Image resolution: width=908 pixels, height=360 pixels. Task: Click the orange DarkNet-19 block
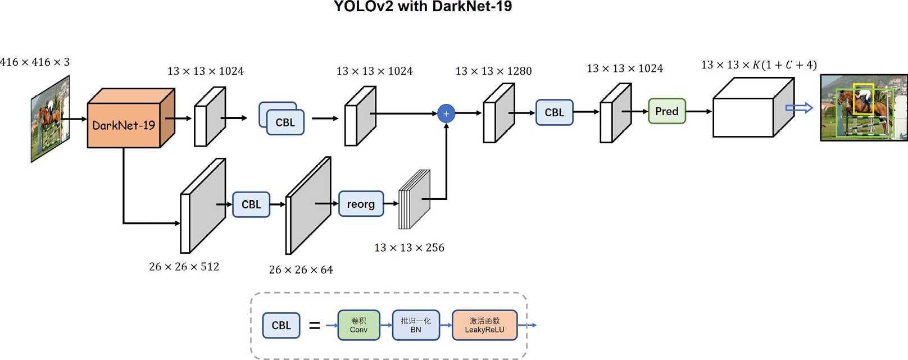point(124,125)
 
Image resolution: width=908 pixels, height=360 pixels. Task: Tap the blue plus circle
point(446,113)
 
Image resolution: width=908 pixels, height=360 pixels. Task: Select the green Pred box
point(666,111)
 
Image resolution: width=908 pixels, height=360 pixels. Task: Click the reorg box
point(361,204)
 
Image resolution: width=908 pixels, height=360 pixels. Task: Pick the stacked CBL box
point(284,122)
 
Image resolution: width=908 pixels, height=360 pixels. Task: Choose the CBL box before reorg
point(251,204)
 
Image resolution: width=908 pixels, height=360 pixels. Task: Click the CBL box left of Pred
point(554,112)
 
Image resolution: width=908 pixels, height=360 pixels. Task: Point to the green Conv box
point(358,325)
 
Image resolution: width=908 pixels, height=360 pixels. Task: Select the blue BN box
point(416,325)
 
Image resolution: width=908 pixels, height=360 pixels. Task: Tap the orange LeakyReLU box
point(484,325)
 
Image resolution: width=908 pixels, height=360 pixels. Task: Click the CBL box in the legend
point(281,325)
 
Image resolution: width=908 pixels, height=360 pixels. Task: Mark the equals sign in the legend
point(315,325)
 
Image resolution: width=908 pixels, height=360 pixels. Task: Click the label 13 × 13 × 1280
point(493,71)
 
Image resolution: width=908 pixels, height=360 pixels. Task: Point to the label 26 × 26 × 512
point(184,267)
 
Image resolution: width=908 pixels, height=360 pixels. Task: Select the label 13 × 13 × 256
point(409,248)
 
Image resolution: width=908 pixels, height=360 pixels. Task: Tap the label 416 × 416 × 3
point(35,62)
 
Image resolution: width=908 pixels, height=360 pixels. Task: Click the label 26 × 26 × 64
point(301,270)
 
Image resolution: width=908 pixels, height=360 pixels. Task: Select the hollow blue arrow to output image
point(798,107)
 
